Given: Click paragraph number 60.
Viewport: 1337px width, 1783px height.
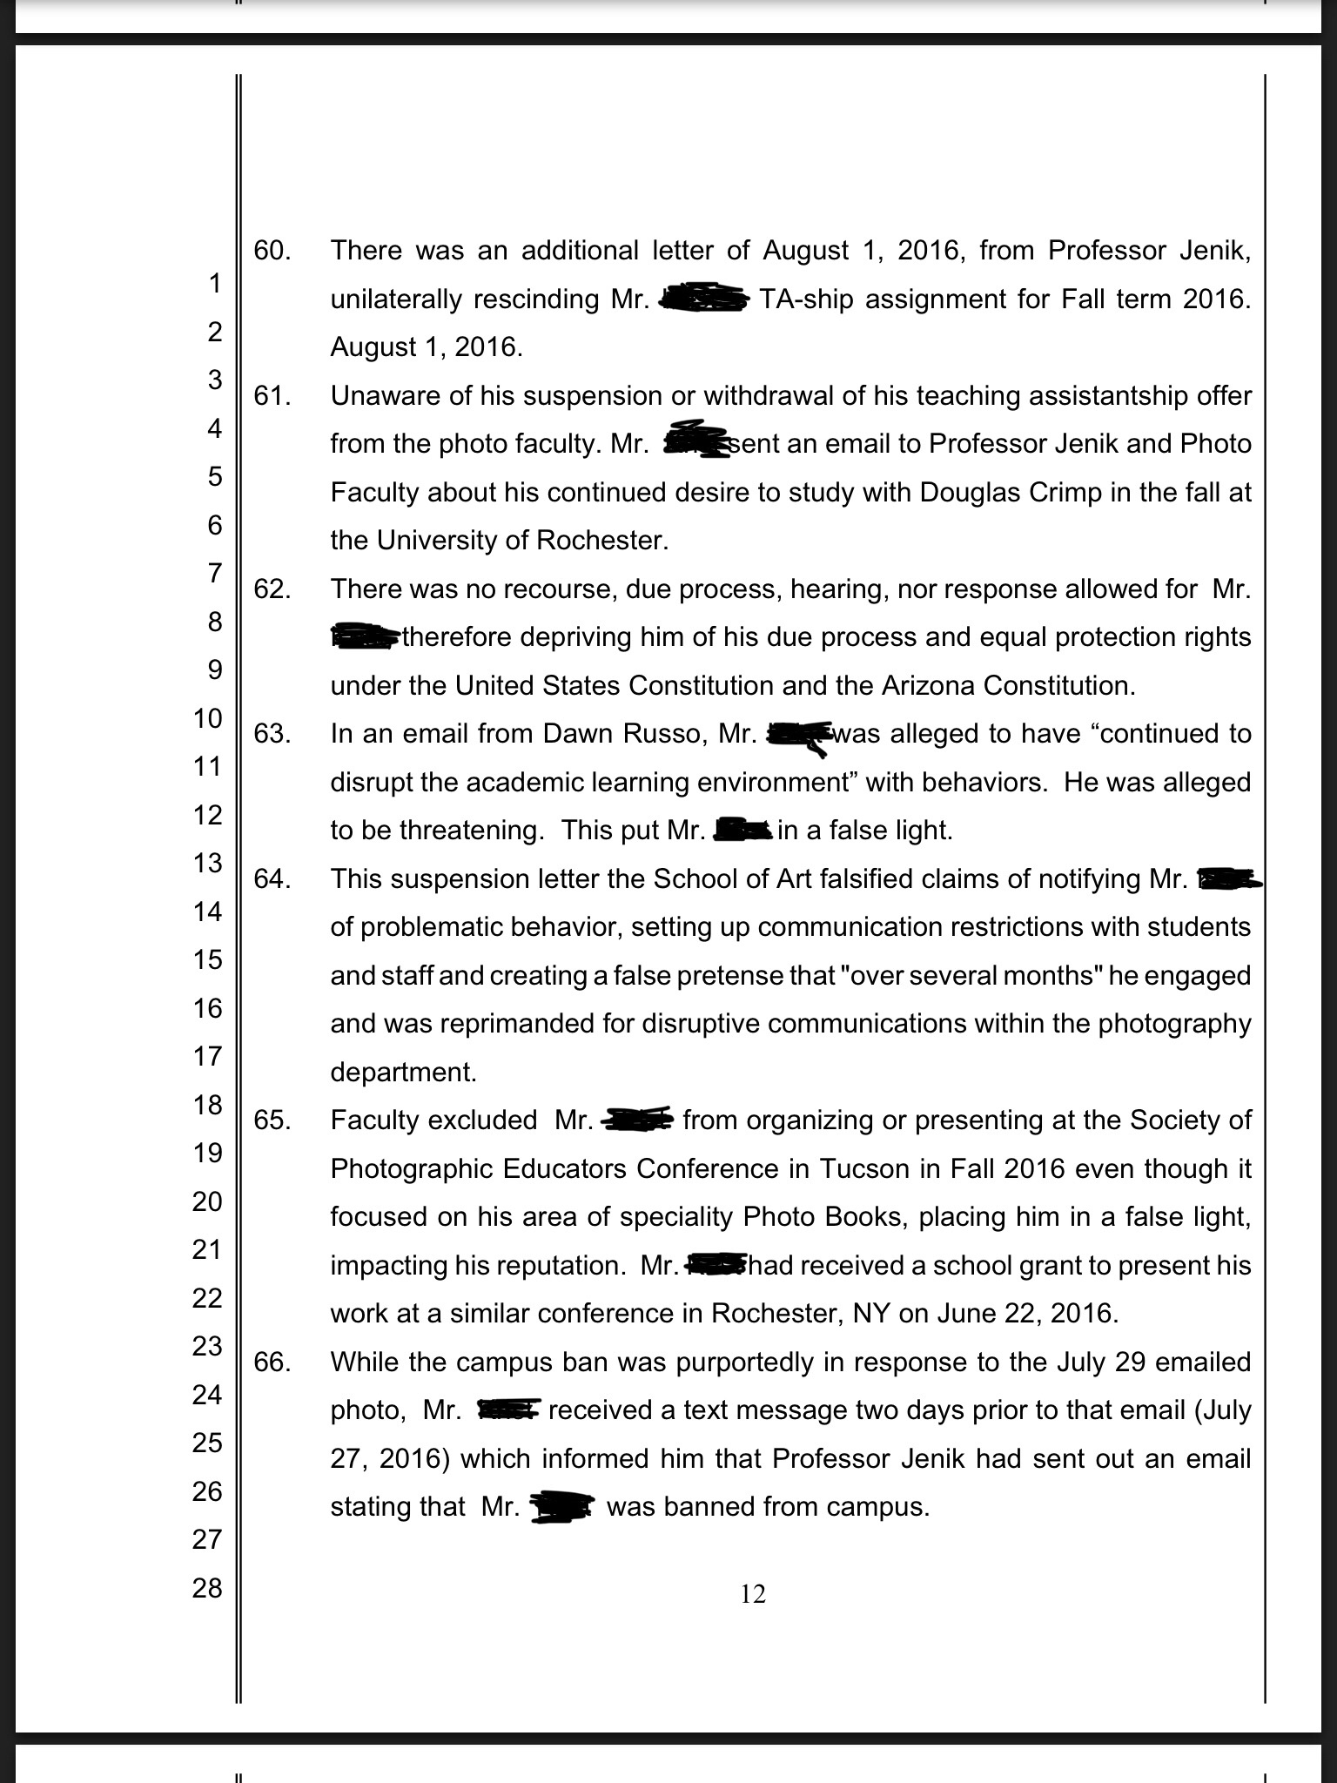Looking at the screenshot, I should [x=271, y=251].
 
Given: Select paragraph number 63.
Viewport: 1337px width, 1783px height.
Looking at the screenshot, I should [x=271, y=734].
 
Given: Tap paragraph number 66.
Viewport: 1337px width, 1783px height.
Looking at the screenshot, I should [x=271, y=1362].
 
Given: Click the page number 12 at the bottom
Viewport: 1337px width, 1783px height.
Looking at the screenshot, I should [x=753, y=1594].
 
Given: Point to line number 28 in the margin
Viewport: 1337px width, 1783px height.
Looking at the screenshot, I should [x=207, y=1588].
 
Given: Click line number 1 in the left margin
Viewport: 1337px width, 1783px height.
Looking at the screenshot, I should [x=214, y=283].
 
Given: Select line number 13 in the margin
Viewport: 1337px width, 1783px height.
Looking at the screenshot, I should [x=207, y=863].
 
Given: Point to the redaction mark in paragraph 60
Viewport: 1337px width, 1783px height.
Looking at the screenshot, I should [x=703, y=299].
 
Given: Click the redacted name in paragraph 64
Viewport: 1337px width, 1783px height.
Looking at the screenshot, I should [x=1227, y=879].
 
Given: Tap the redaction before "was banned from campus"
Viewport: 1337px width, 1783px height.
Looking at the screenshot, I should [x=561, y=1507].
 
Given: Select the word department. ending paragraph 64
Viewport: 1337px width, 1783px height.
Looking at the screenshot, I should [x=403, y=1072].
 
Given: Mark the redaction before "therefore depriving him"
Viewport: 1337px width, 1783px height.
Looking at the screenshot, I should [x=366, y=637].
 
